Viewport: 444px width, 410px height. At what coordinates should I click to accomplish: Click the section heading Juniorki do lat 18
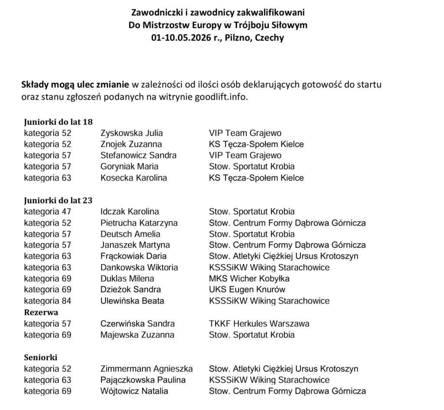pyautogui.click(x=58, y=122)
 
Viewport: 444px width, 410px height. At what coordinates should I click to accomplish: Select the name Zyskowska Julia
pyautogui.click(x=131, y=133)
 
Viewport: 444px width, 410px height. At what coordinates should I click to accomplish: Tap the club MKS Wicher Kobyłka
pyautogui.click(x=249, y=279)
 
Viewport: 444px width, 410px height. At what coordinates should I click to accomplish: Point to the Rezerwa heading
pyautogui.click(x=41, y=312)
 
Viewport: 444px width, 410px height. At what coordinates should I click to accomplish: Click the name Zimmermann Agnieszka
pyautogui.click(x=147, y=369)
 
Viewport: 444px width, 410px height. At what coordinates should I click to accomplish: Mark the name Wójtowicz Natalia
pyautogui.click(x=134, y=391)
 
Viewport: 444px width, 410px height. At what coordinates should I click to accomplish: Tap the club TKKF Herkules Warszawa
pyautogui.click(x=259, y=324)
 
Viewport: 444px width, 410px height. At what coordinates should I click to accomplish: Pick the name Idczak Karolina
pyautogui.click(x=130, y=212)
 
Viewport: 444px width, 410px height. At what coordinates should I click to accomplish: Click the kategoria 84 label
pyautogui.click(x=48, y=301)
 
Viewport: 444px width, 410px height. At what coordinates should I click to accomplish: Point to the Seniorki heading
pyautogui.click(x=40, y=358)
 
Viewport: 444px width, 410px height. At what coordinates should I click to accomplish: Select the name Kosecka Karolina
pyautogui.click(x=134, y=178)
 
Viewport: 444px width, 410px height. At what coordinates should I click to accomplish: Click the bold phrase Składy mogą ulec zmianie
pyautogui.click(x=75, y=84)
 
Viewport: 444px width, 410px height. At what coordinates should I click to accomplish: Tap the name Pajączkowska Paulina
pyautogui.click(x=143, y=380)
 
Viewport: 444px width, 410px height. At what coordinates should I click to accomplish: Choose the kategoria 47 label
pyautogui.click(x=48, y=212)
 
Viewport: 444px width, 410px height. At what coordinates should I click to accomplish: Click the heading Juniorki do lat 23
pyautogui.click(x=58, y=200)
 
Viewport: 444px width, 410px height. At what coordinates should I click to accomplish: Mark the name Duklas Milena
pyautogui.click(x=127, y=279)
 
